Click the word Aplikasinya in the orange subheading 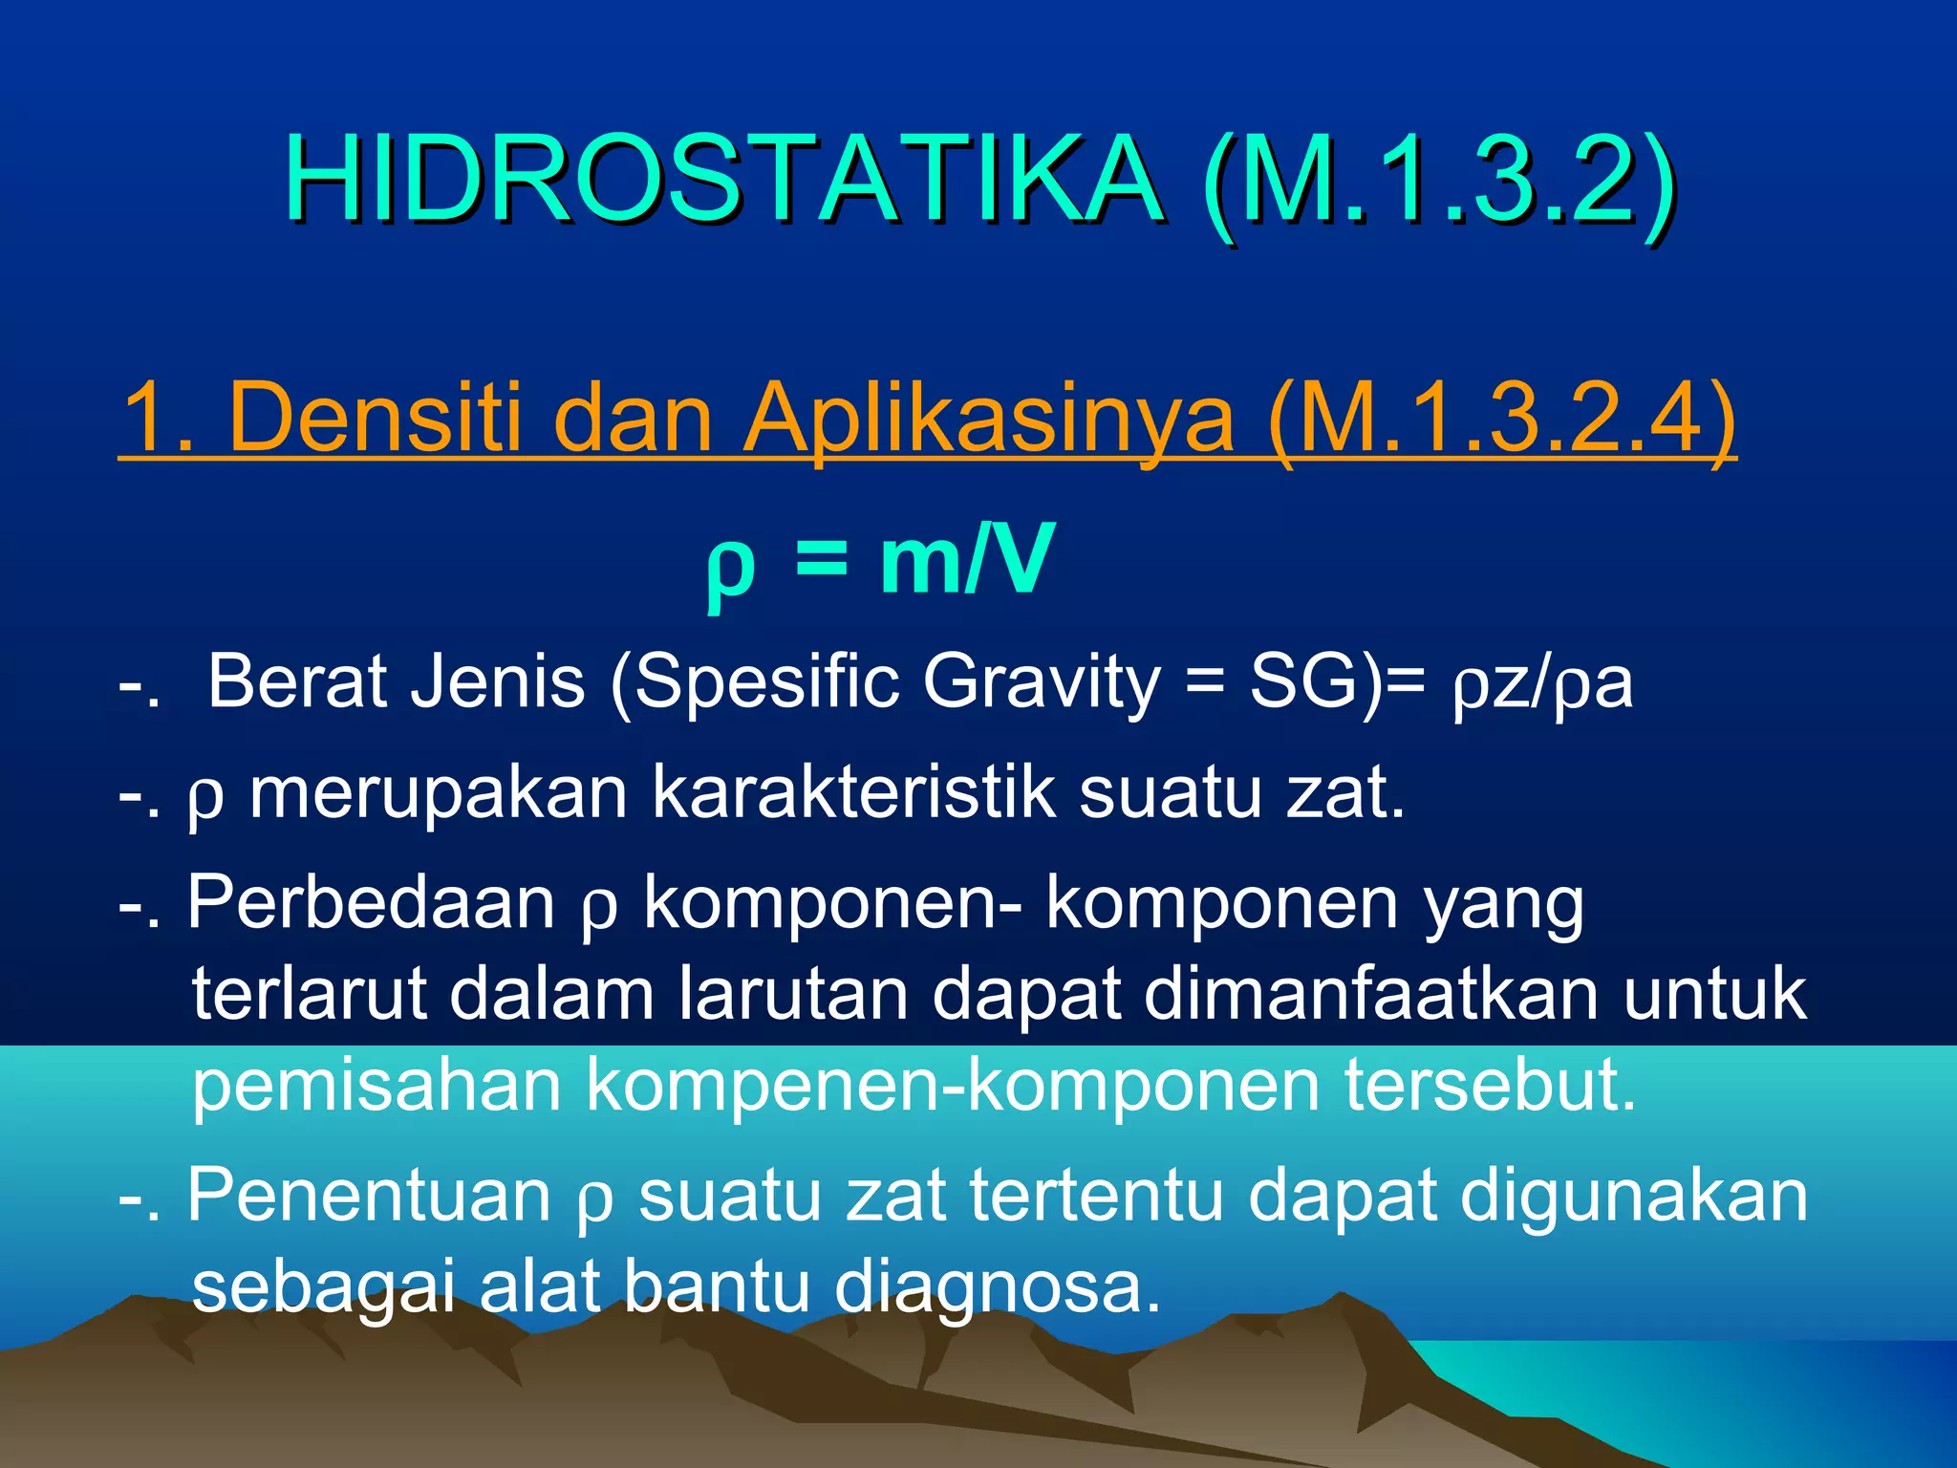[989, 418]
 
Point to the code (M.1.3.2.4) [1500, 418]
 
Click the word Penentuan [369, 1195]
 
